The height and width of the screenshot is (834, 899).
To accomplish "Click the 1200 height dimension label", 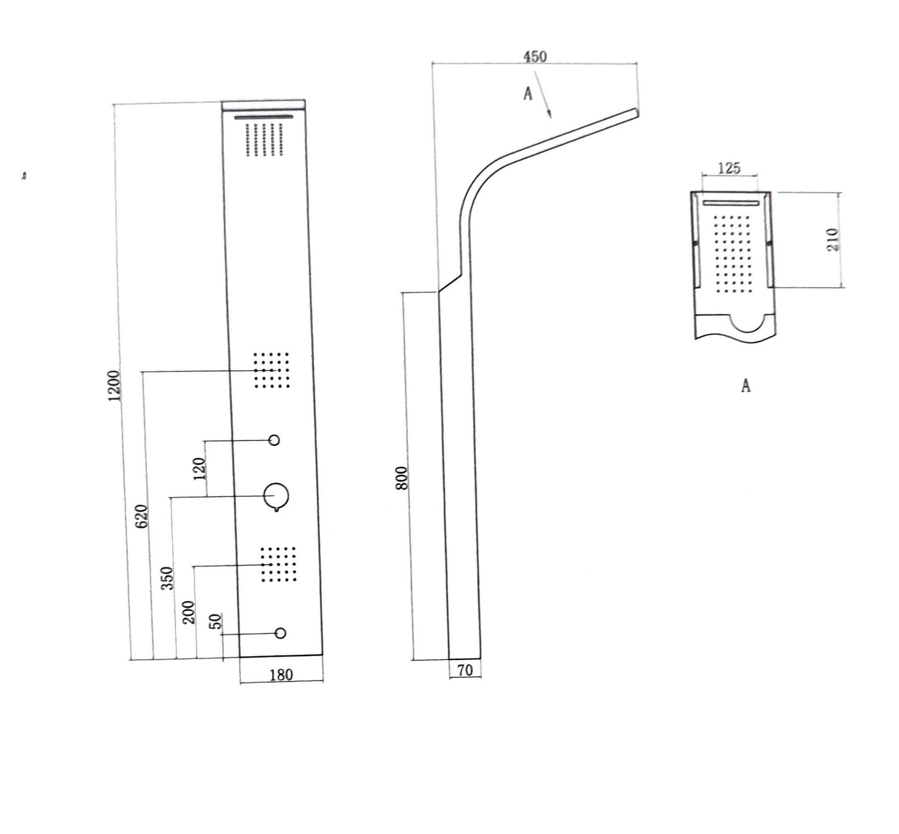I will (114, 386).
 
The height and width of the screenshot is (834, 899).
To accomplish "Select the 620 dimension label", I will (142, 517).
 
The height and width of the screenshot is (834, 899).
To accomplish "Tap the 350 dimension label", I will (167, 578).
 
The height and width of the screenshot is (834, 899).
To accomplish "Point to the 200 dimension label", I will (190, 613).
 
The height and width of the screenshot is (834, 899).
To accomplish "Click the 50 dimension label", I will (215, 621).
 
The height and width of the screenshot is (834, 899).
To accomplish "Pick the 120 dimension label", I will (199, 469).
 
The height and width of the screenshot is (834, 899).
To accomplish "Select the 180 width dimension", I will (281, 674).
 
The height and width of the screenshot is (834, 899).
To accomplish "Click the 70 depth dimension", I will (465, 670).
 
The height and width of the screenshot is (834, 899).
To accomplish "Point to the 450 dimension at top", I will (534, 57).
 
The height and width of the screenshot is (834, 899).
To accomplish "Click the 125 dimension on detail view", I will (729, 168).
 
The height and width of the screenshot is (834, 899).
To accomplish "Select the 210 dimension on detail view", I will (833, 240).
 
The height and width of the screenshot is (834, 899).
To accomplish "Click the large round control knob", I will (276, 496).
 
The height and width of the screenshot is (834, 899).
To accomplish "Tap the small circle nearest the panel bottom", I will (281, 633).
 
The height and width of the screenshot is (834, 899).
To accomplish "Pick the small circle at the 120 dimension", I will (274, 440).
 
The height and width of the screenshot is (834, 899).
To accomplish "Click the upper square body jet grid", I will (272, 370).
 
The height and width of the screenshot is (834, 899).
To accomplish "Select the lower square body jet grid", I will (277, 565).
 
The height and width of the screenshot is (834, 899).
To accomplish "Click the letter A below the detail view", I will (746, 386).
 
